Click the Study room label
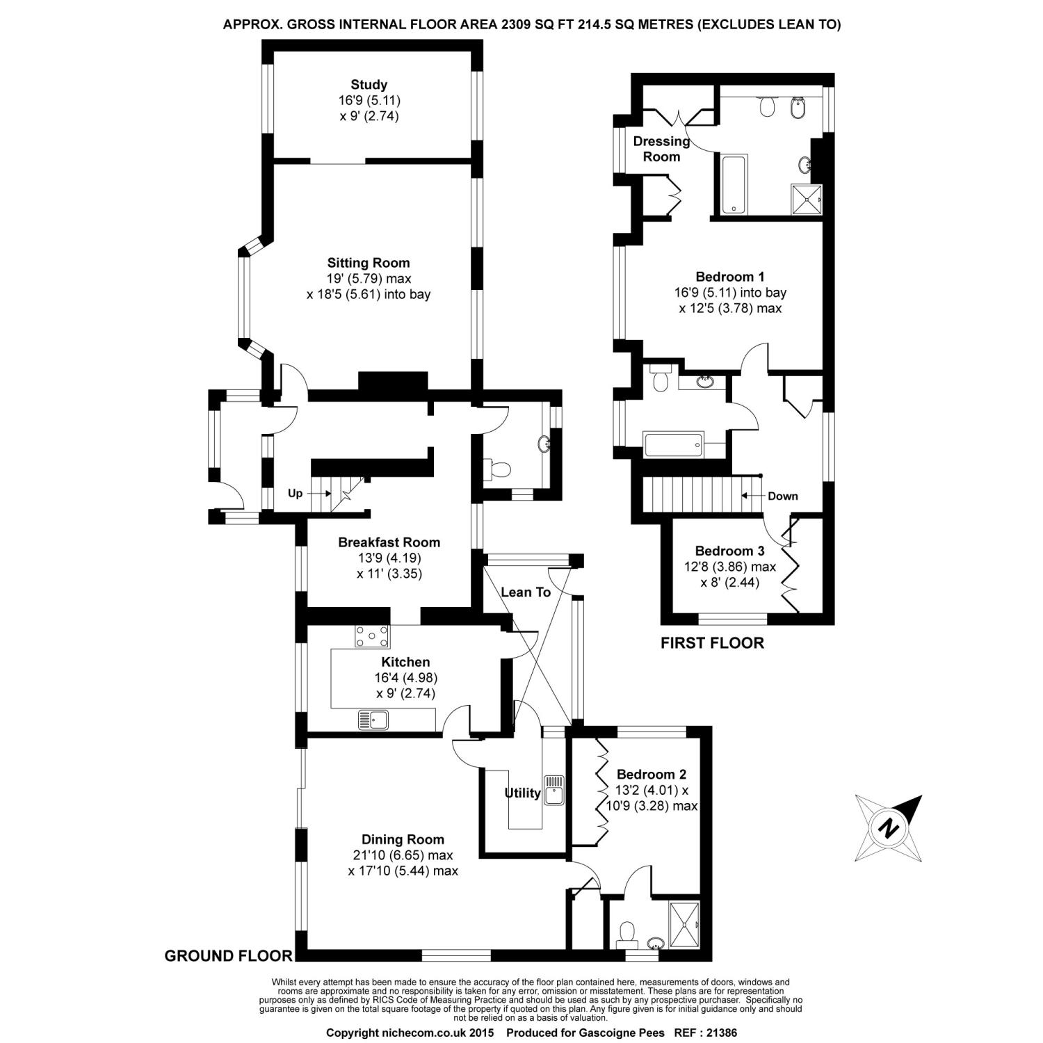pyautogui.click(x=369, y=86)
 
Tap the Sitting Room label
pyautogui.click(x=369, y=263)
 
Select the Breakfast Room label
pyautogui.click(x=389, y=542)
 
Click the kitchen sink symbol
pyautogui.click(x=374, y=720)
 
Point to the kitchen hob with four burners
pyautogui.click(x=373, y=636)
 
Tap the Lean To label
pyautogui.click(x=526, y=592)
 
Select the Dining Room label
pyautogui.click(x=403, y=839)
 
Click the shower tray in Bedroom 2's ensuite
pyautogui.click(x=683, y=923)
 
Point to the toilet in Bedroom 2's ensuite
pyautogui.click(x=627, y=934)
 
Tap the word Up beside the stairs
pyautogui.click(x=296, y=494)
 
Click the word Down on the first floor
pyautogui.click(x=783, y=496)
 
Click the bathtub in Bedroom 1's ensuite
pyautogui.click(x=734, y=184)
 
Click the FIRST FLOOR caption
pyautogui.click(x=712, y=643)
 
